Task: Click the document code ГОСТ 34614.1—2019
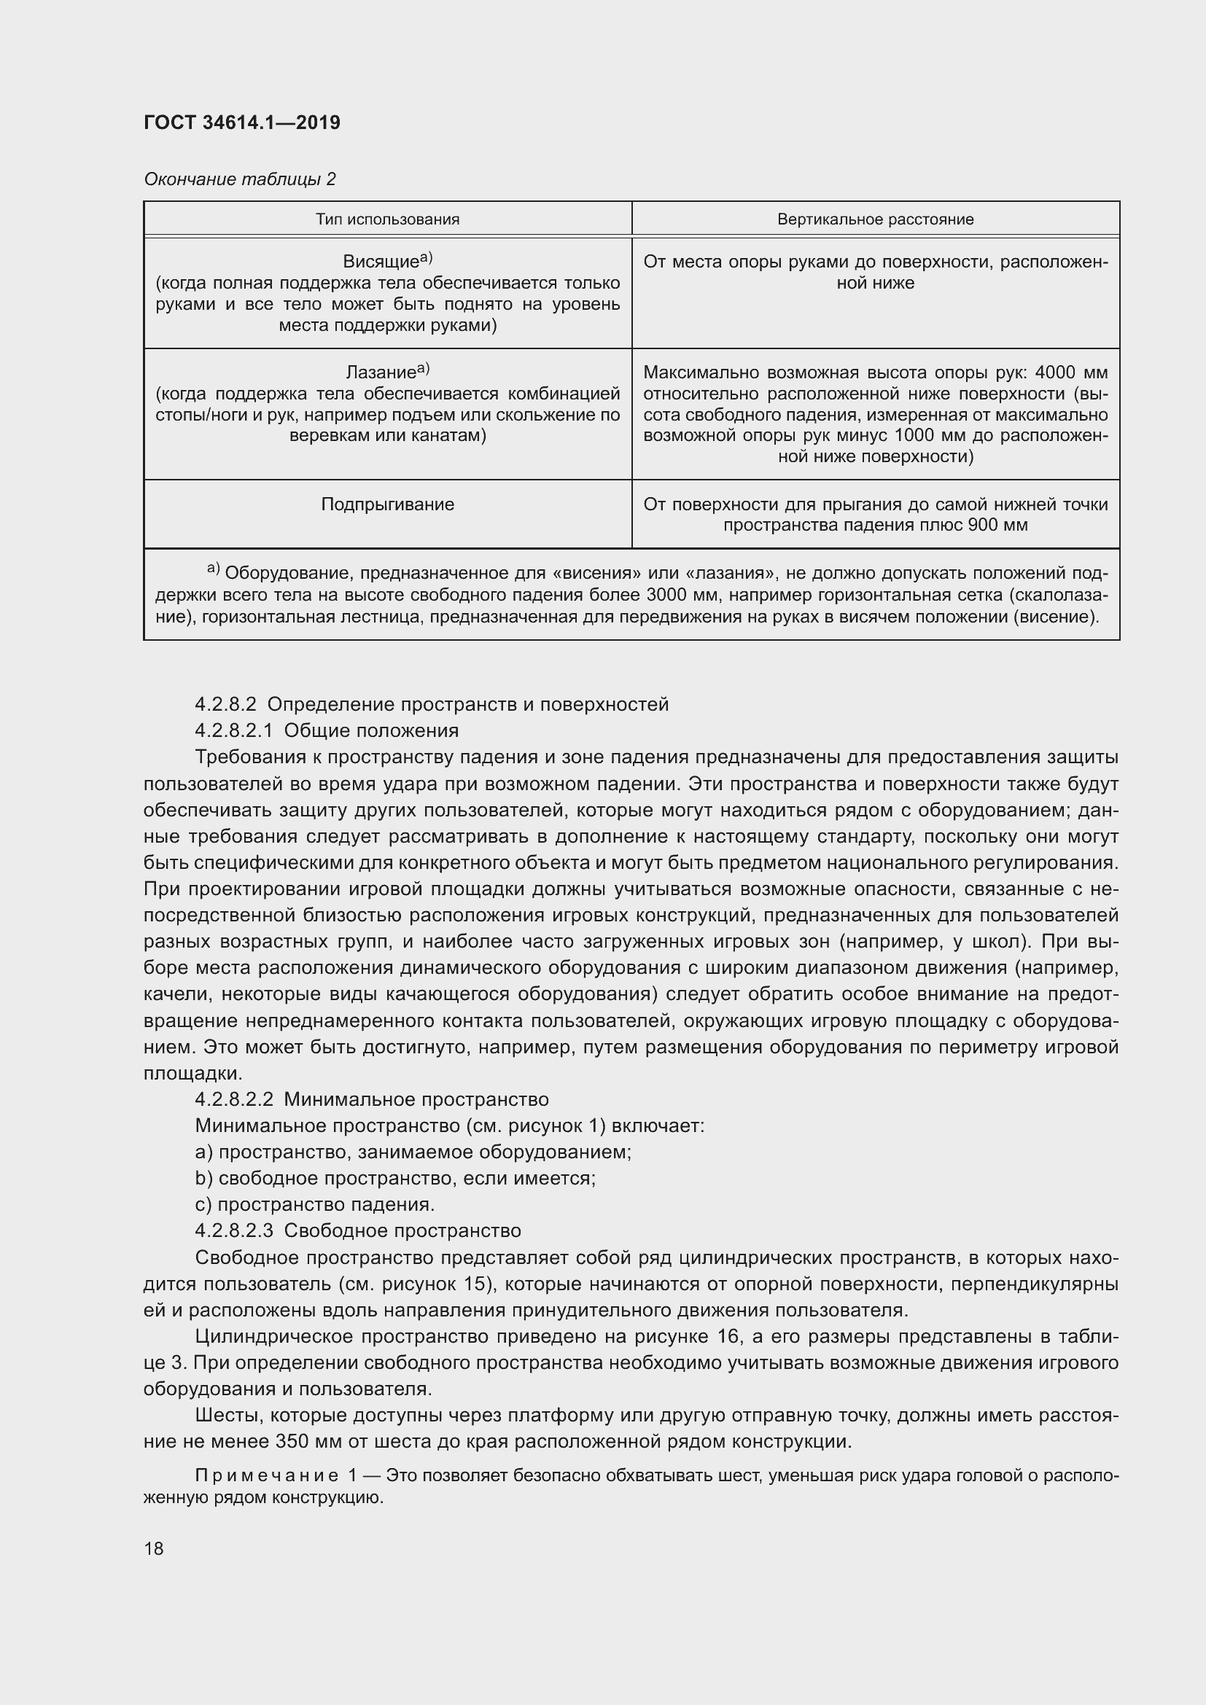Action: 242,122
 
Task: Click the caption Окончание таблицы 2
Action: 240,179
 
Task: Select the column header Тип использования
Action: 387,219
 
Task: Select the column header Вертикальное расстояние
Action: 875,219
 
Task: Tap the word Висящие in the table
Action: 380,262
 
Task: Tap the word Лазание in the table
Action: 380,372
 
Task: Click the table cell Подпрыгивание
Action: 387,504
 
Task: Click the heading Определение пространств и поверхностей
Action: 468,704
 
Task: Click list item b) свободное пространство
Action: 395,1178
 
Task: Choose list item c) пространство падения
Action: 315,1204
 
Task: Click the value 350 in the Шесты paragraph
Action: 295,1441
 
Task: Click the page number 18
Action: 154,1548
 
